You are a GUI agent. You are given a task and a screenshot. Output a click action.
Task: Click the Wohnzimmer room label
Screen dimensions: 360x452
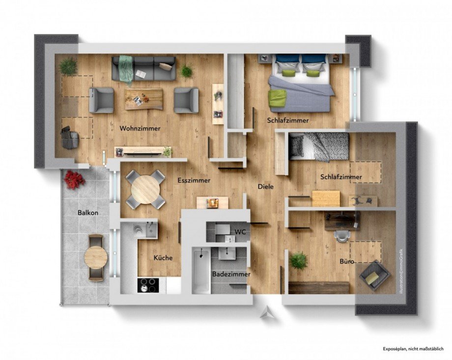(x=140, y=129)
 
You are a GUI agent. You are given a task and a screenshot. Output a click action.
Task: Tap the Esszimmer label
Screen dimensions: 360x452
(x=194, y=180)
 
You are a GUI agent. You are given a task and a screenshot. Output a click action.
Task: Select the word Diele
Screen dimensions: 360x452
(x=266, y=187)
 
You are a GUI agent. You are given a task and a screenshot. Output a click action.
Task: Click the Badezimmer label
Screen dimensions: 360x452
(x=231, y=274)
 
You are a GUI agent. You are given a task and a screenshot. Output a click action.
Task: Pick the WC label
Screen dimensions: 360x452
(x=240, y=231)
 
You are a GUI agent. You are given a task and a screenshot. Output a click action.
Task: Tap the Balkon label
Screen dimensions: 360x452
(x=88, y=213)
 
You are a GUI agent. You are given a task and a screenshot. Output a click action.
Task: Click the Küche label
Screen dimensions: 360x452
(x=163, y=257)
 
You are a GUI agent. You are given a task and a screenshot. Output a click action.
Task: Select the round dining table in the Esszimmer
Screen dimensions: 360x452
(x=145, y=190)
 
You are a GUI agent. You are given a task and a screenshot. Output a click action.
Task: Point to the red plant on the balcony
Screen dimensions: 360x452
(x=74, y=179)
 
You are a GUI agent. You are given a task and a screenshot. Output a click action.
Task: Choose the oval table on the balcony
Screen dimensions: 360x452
(x=96, y=256)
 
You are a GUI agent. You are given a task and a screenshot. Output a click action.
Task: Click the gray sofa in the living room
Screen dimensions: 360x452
(x=143, y=68)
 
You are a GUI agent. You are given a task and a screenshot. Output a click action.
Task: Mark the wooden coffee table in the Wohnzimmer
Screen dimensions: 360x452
(x=143, y=98)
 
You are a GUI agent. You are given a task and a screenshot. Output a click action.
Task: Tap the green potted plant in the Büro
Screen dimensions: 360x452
(x=298, y=260)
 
